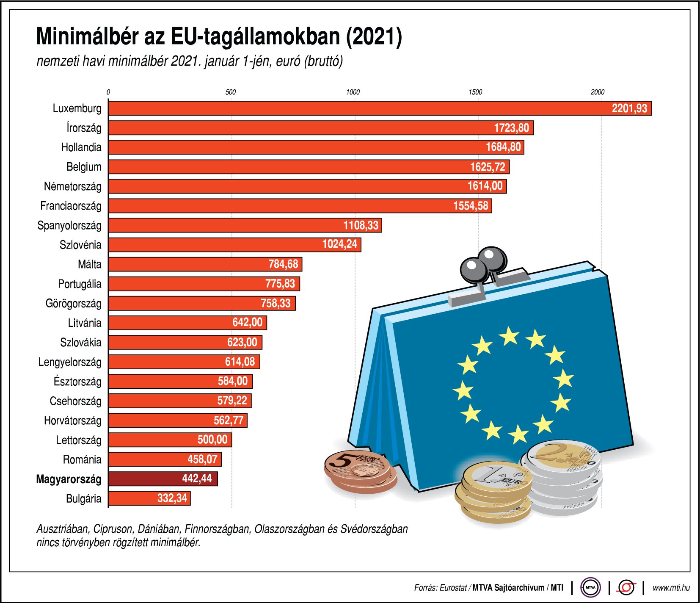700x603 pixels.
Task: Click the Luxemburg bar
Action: [380, 108]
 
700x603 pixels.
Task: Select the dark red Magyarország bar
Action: [163, 479]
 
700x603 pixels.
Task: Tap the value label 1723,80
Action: [511, 128]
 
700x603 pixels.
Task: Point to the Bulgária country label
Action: [83, 499]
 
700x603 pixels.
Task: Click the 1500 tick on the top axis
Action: [475, 92]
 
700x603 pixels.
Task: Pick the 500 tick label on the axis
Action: [230, 92]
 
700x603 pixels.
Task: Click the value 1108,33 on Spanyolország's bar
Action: [361, 225]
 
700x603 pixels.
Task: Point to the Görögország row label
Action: [73, 304]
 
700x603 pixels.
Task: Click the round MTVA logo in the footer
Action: [590, 588]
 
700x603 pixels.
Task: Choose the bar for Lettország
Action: [170, 440]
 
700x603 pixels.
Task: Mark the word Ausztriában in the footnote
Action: [62, 529]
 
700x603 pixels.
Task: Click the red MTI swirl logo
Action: [626, 588]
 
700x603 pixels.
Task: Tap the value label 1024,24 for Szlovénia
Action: [339, 244]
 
